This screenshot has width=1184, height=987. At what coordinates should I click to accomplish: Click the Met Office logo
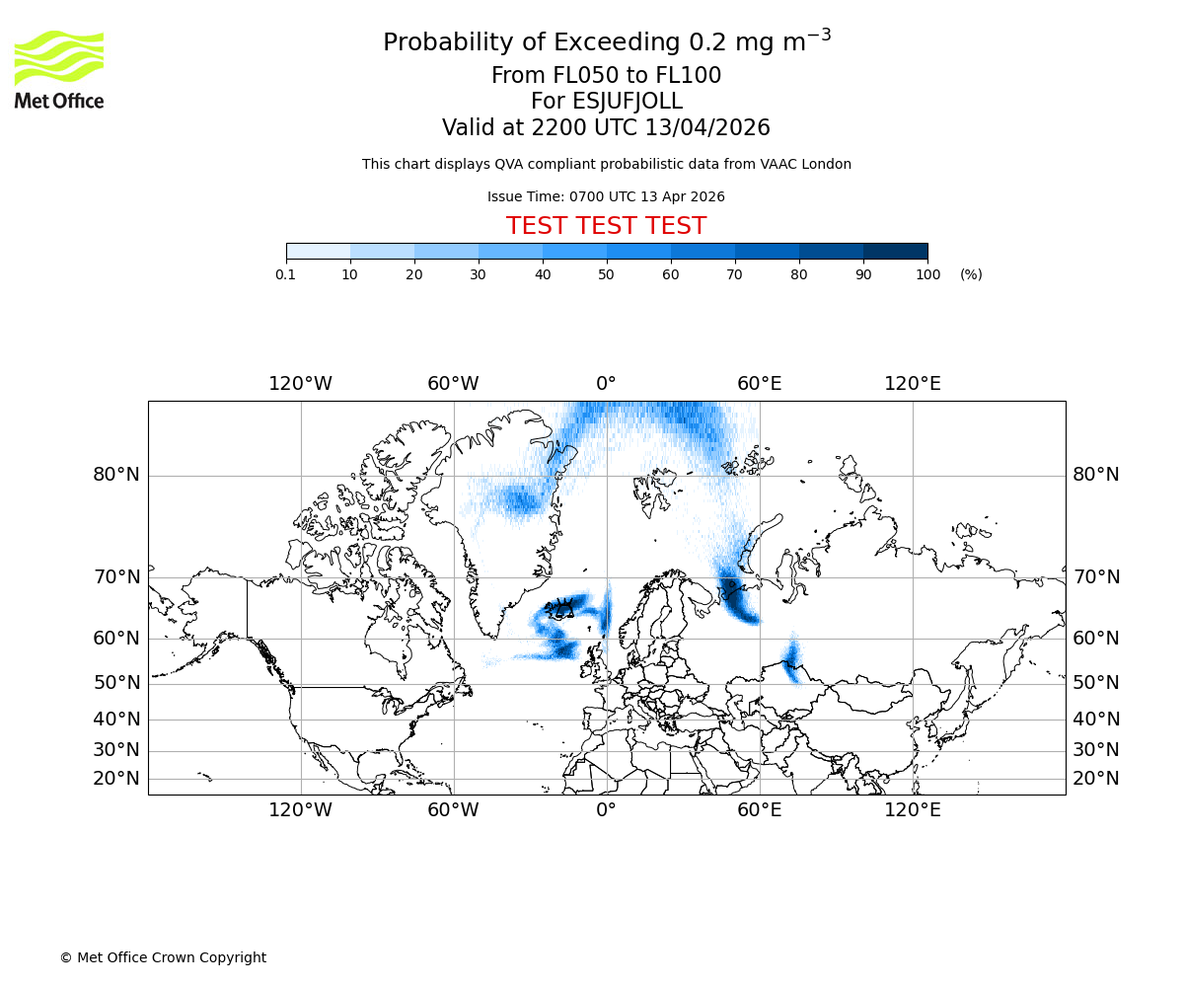tap(59, 69)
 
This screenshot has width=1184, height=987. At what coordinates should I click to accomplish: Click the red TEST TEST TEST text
tap(606, 226)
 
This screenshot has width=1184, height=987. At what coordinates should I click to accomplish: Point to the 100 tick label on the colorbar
tap(927, 274)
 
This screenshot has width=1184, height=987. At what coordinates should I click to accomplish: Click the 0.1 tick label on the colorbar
tap(286, 274)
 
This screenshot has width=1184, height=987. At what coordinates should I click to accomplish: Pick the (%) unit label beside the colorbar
tap(971, 274)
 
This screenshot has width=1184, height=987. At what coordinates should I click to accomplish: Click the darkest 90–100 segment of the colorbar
tap(895, 252)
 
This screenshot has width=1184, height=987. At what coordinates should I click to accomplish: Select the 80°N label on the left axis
tap(116, 475)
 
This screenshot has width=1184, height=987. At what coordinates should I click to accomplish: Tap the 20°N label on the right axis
tap(1096, 779)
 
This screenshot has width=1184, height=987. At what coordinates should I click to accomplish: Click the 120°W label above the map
tap(300, 383)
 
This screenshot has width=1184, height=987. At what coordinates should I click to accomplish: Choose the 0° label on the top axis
tap(606, 383)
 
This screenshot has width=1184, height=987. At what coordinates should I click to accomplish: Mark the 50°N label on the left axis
tap(116, 683)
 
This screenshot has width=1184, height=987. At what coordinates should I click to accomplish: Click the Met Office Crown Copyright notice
tap(163, 957)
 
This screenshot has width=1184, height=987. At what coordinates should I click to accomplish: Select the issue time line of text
tap(606, 196)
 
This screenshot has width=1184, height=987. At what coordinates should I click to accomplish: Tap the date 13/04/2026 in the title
tap(707, 128)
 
